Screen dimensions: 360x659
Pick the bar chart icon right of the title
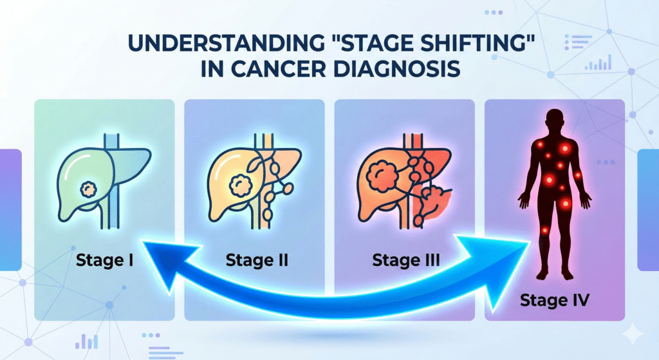tap(598, 63)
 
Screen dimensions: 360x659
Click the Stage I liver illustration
tap(103, 177)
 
